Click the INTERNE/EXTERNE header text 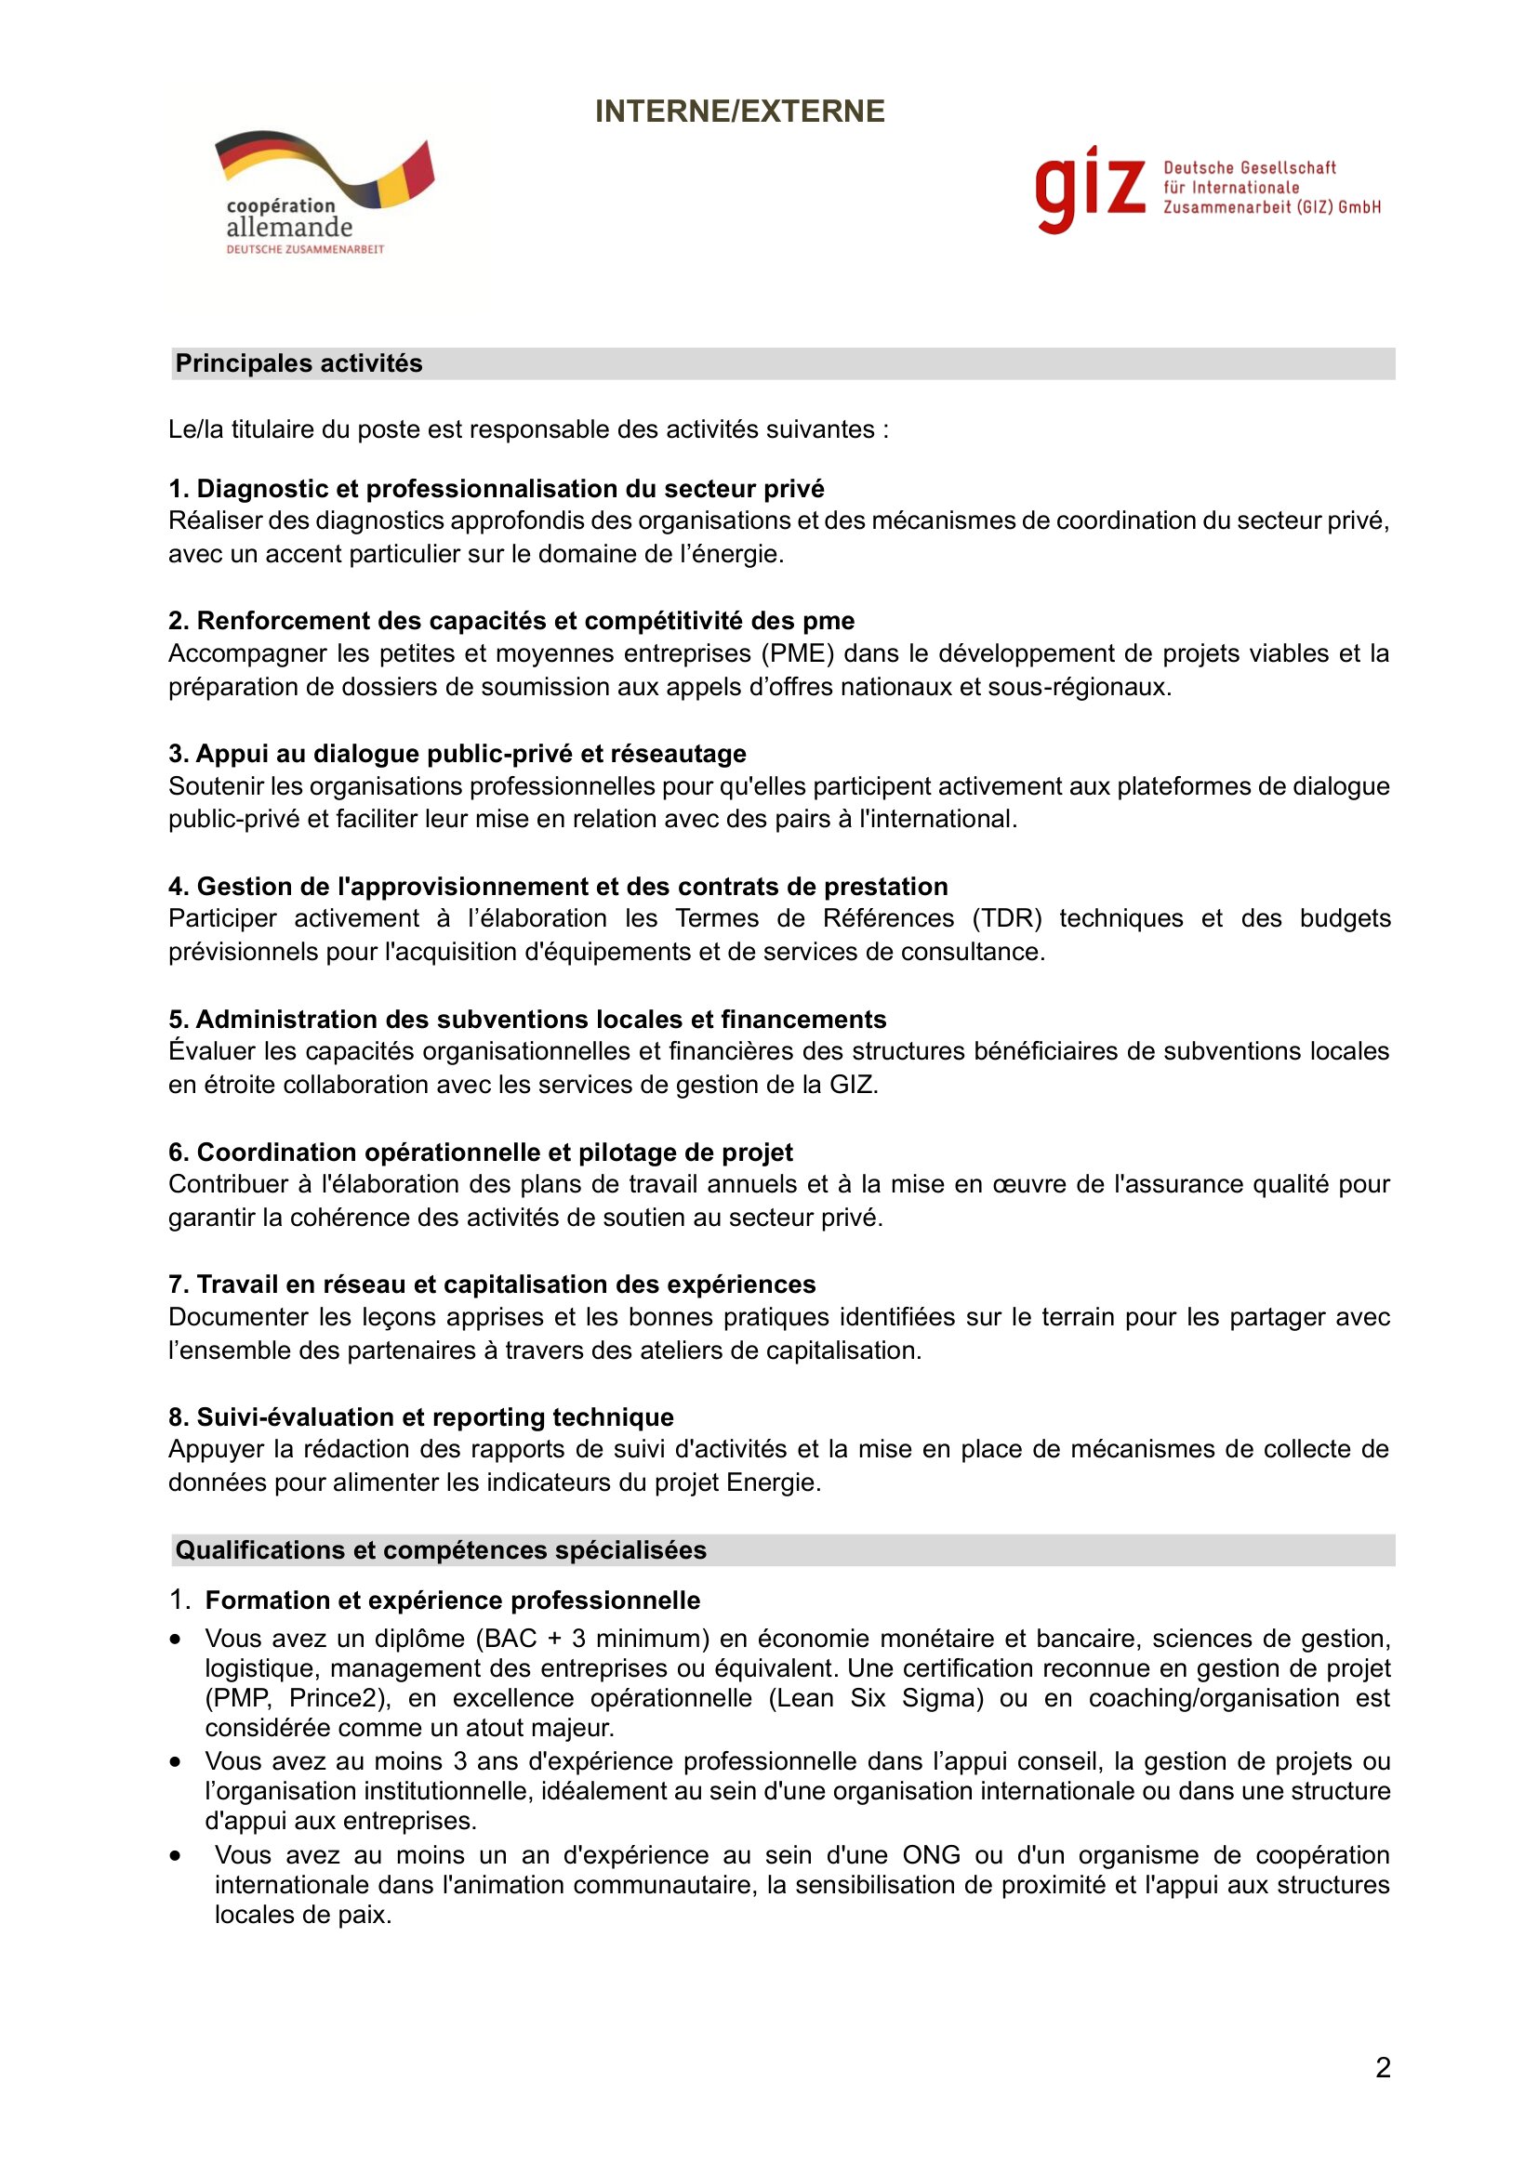click(739, 112)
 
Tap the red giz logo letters click(1090, 189)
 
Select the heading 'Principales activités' click(299, 363)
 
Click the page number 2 click(1383, 2067)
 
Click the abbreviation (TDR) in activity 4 click(1006, 918)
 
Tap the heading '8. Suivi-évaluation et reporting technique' click(421, 1416)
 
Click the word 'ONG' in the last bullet click(931, 1855)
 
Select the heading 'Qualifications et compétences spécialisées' click(442, 1550)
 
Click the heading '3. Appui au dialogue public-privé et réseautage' click(457, 754)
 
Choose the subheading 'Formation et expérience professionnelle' click(453, 1601)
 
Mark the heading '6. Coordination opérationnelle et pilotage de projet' click(481, 1153)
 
